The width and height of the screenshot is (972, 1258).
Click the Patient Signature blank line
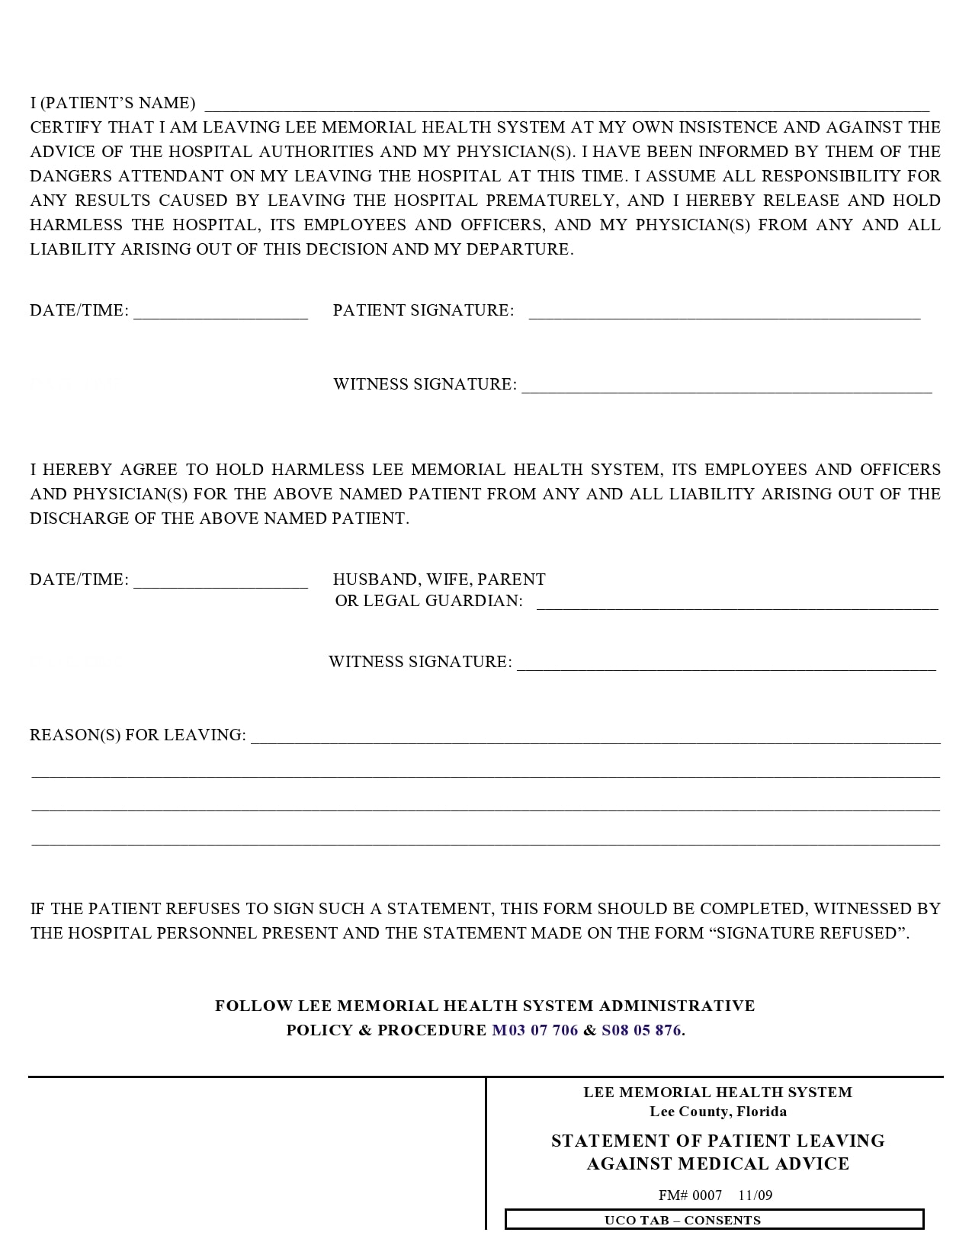coord(724,314)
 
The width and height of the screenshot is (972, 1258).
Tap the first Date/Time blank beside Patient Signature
coord(220,314)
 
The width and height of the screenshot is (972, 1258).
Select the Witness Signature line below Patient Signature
coord(727,388)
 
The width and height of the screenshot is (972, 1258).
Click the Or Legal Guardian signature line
coord(737,605)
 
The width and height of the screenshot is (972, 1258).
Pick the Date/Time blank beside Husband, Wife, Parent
coord(220,583)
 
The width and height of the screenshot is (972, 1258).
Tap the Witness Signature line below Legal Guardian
coord(726,666)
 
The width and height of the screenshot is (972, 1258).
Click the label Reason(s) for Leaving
coord(138,735)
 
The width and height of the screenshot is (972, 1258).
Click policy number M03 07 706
coord(534,1030)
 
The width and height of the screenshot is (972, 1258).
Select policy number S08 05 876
coord(641,1030)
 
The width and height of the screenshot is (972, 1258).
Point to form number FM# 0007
coord(690,1195)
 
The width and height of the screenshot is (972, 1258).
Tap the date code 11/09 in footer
coord(755,1195)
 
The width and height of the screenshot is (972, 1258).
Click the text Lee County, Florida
coord(718,1112)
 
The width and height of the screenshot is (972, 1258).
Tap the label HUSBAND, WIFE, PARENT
coord(439,579)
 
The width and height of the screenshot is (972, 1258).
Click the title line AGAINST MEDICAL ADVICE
coord(717,1163)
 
